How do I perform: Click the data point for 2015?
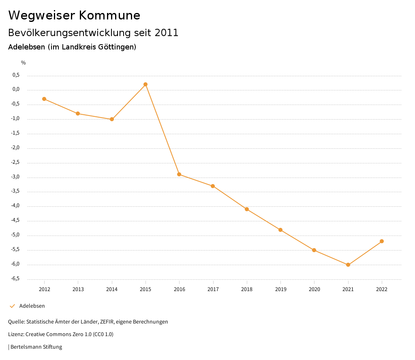145,84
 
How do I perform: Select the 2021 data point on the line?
348,265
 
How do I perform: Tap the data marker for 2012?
44,99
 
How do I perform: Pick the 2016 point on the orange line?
179,174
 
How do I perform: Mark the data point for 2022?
382,241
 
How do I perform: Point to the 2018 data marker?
247,209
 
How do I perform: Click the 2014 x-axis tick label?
112,289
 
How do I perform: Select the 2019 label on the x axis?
280,289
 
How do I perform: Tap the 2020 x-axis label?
314,289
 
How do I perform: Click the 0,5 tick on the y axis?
16,75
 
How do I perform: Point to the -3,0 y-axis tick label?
15,177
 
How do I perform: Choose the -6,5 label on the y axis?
15,279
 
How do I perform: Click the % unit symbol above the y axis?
24,62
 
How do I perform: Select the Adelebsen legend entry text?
32,306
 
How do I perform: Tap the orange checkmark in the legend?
12,306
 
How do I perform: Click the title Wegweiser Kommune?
74,15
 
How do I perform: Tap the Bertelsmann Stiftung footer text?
36,347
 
